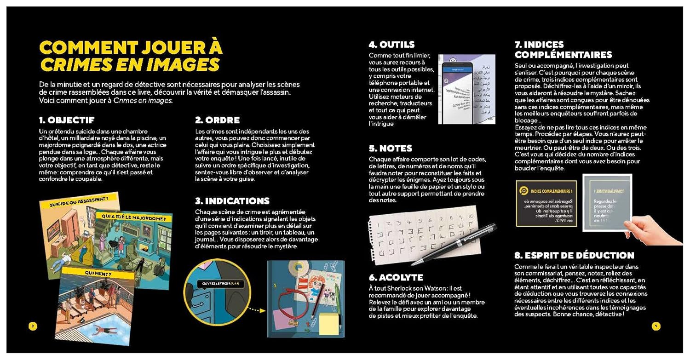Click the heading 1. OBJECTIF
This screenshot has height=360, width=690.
pos(67,120)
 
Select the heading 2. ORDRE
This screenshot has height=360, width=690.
pos(217,120)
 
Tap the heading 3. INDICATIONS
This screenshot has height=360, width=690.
pos(232,201)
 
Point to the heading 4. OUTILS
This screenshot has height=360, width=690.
pos(391,45)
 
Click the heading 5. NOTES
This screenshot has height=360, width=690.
pos(390,149)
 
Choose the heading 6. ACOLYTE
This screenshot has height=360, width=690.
pos(396,277)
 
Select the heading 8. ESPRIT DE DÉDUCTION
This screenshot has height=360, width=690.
pos(574,256)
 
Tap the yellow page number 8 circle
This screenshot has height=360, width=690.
pos(33,326)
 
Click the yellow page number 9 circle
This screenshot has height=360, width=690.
pos(656,326)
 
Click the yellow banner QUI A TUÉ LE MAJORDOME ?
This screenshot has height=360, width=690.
pos(133,217)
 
